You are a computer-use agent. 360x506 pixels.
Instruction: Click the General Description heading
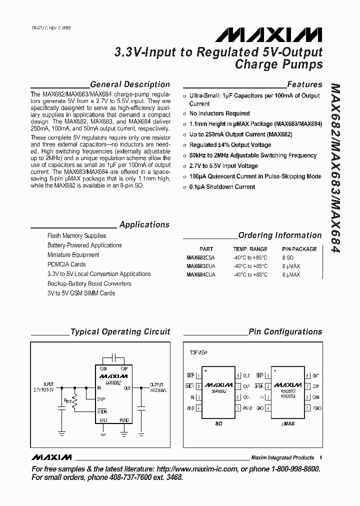tap(130, 84)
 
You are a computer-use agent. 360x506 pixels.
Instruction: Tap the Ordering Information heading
tap(280, 235)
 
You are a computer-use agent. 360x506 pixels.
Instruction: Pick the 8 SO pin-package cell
tap(288, 257)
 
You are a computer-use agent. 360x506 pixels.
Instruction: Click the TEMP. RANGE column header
tap(250, 249)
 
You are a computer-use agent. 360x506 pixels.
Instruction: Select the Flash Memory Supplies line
tap(76, 235)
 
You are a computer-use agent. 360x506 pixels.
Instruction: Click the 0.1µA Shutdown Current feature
tap(222, 187)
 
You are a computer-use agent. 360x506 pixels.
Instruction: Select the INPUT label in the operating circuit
tap(48, 384)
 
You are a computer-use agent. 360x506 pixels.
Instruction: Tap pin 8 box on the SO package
tap(239, 375)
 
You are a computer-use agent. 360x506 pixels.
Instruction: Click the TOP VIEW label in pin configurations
tap(198, 352)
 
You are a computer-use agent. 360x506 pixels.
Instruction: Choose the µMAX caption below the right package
tap(288, 423)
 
